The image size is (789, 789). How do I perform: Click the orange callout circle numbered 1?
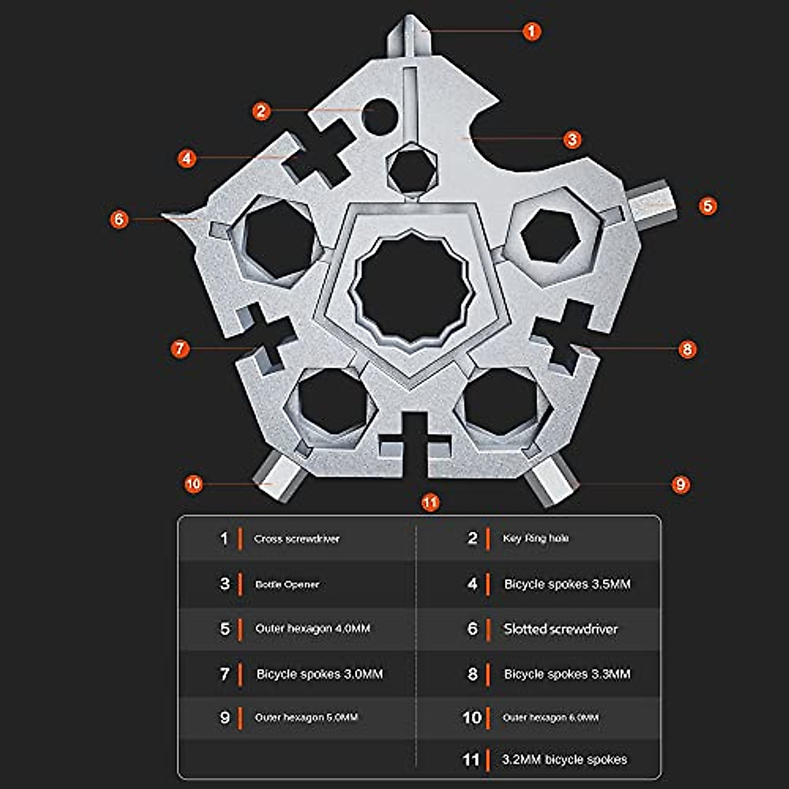pos(531,31)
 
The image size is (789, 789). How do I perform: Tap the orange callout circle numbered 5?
pos(707,206)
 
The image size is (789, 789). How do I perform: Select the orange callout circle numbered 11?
pos(430,503)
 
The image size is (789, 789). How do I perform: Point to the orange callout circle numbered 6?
pos(119,219)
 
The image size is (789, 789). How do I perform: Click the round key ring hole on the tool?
pos(379,115)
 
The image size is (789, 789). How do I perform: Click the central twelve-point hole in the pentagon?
pos(412,289)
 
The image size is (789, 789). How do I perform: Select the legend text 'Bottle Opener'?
pos(287,585)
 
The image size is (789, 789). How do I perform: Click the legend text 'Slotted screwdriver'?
pos(560,629)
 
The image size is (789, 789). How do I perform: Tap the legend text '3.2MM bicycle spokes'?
pos(564,759)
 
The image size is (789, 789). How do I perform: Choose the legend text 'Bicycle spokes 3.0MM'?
pos(319,674)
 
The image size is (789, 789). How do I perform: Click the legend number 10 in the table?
pos(471,717)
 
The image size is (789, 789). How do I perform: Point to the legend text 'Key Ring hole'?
pos(535,538)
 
